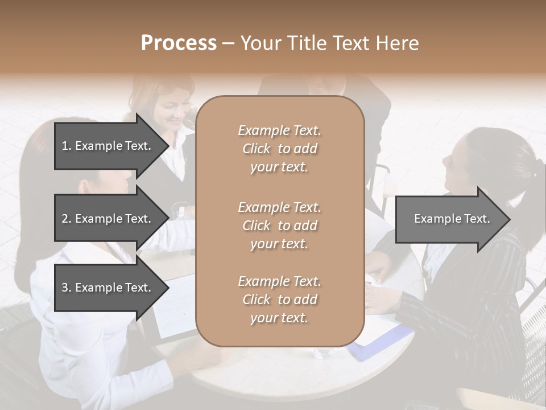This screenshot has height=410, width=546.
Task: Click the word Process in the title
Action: click(179, 43)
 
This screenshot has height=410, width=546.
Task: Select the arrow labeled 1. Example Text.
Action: click(108, 146)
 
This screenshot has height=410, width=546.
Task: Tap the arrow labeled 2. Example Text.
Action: click(108, 219)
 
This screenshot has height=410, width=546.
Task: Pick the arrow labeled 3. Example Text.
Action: click(108, 288)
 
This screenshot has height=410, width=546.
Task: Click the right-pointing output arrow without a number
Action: click(452, 219)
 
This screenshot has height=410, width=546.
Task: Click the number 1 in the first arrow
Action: click(65, 146)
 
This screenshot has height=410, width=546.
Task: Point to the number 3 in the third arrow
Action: click(65, 288)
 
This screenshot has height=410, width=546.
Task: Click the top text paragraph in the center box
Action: click(279, 149)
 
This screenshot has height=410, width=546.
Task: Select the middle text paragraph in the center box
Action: click(279, 225)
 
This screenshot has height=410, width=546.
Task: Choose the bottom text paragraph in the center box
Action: click(279, 300)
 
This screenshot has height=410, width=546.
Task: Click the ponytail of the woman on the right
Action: click(532, 171)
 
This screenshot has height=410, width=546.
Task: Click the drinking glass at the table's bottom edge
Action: click(323, 353)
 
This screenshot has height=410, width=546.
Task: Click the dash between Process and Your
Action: click(227, 43)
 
